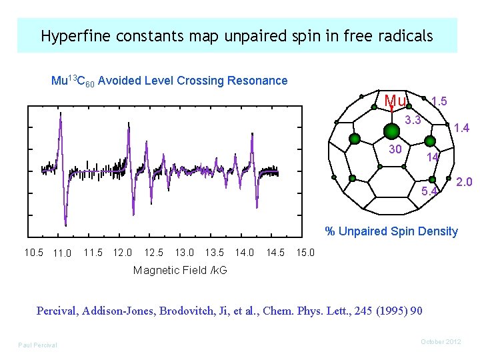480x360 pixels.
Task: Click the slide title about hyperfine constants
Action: tap(237, 36)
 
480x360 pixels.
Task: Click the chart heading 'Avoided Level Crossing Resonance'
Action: tap(169, 81)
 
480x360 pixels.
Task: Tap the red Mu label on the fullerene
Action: tap(395, 101)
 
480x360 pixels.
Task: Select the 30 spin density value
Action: tap(395, 149)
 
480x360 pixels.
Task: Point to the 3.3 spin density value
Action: tap(413, 121)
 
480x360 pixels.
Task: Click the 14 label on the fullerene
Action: tap(433, 157)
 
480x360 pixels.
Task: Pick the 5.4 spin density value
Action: tap(430, 193)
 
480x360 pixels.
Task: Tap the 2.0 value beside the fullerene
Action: tap(465, 182)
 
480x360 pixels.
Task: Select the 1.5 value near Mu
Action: tap(439, 101)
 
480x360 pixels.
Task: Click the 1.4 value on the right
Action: tap(461, 128)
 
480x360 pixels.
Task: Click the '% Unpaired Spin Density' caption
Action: tap(391, 231)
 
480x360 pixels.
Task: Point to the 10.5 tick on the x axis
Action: tap(33, 253)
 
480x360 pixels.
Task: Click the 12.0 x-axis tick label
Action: tap(123, 253)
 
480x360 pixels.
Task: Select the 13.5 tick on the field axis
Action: tap(214, 253)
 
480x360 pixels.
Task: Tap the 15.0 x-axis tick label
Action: tap(305, 253)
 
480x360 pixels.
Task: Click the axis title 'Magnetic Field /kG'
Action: tap(180, 270)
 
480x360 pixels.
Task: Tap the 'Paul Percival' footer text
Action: tap(37, 345)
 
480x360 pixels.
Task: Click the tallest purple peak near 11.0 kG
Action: tap(61, 115)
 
